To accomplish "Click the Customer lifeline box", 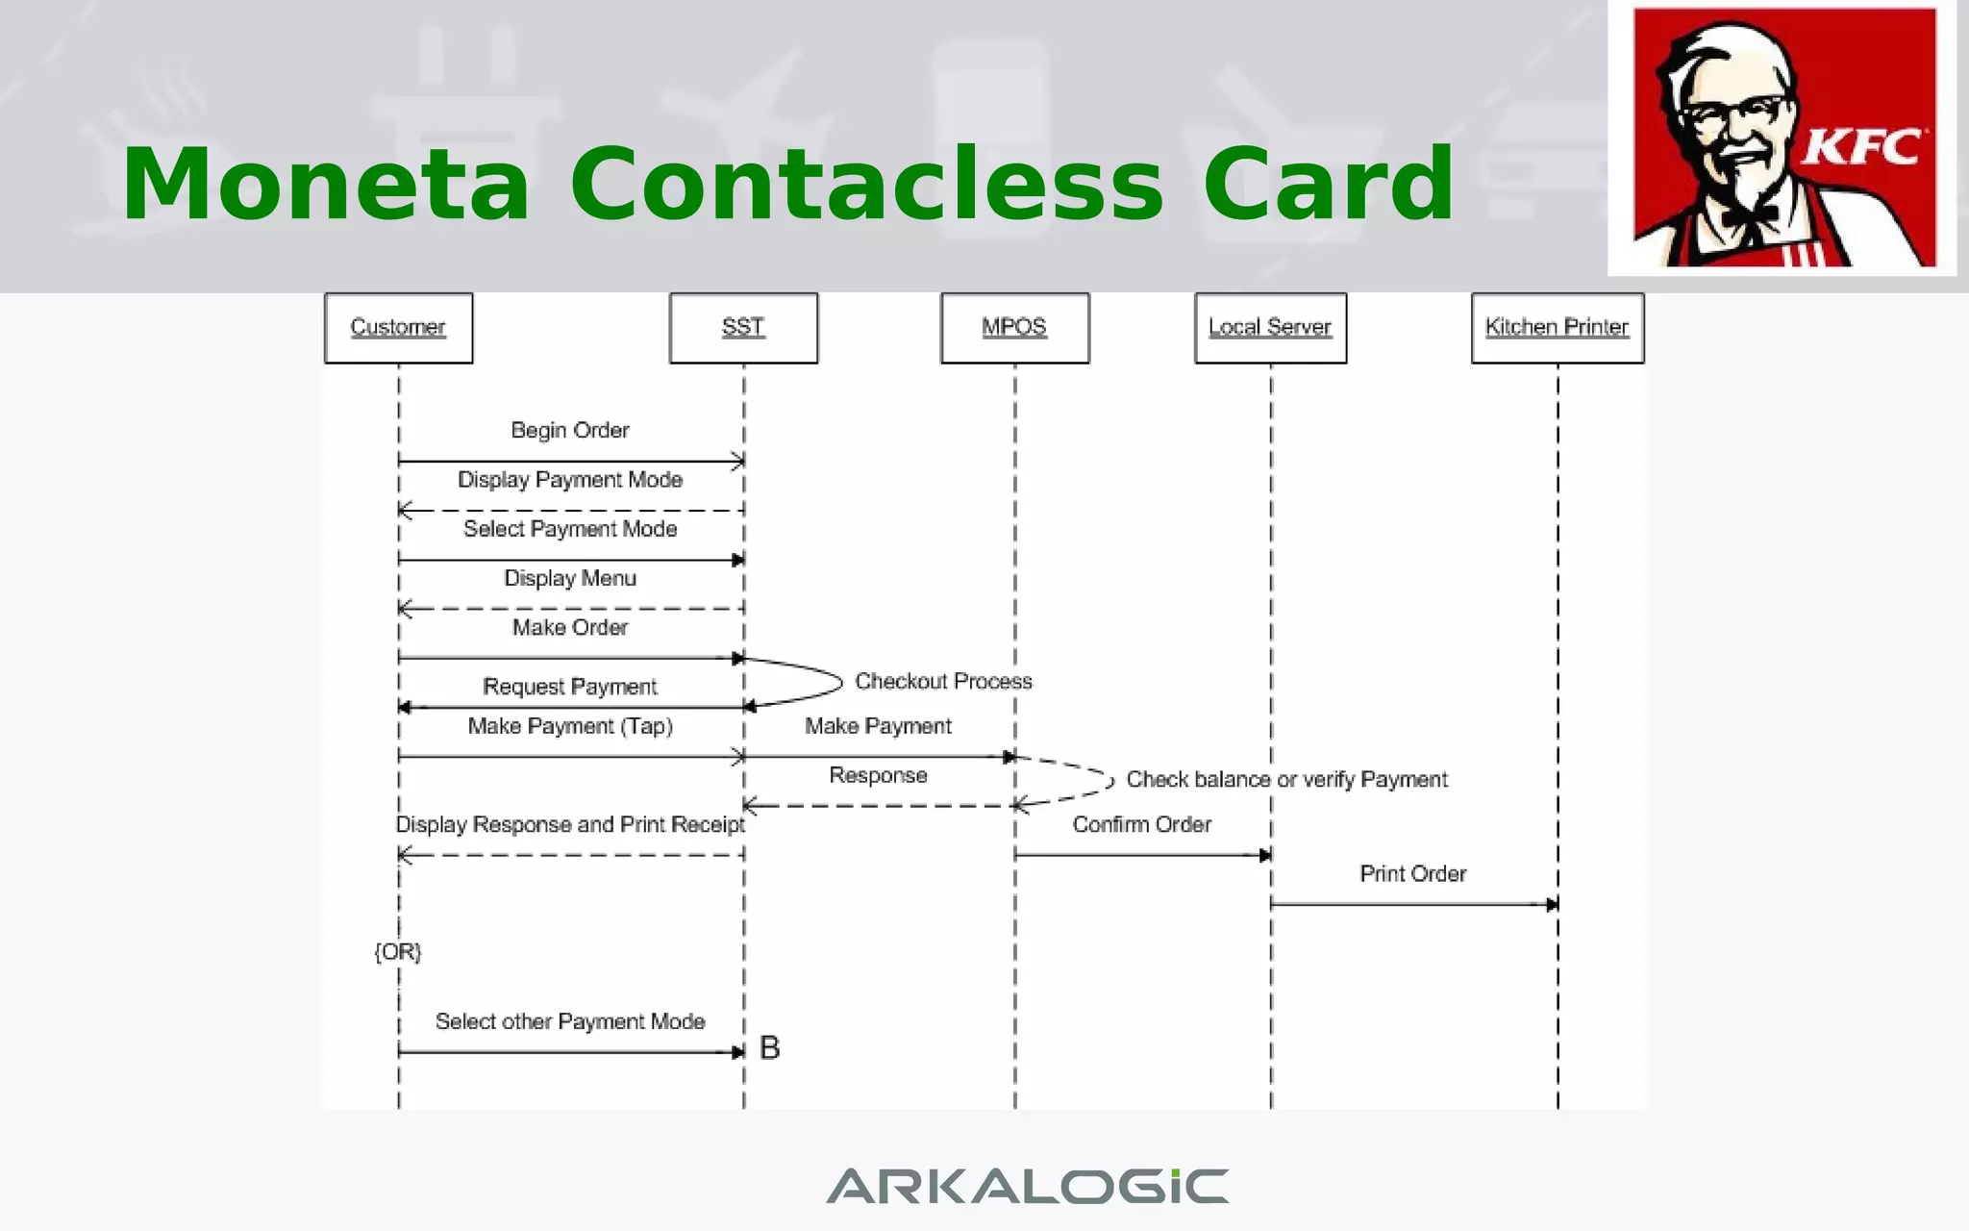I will coord(398,328).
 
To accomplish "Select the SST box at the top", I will coord(743,328).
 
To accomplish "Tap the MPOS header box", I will coord(1014,328).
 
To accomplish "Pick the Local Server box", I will coord(1270,328).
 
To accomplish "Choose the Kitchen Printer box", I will coord(1557,328).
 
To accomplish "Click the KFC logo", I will coord(1783,138).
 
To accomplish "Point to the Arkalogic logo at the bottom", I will coord(1027,1186).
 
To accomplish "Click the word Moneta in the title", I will coord(325,184).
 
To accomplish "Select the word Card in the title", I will coord(1328,184).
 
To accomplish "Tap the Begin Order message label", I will coord(570,430).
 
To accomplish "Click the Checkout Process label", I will coord(943,681).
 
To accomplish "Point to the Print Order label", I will coord(1412,873).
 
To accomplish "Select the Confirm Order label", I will coord(1141,824).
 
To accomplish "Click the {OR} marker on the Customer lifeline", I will coord(398,951).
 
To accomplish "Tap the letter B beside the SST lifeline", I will coord(769,1047).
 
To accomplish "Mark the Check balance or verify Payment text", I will coord(1286,779).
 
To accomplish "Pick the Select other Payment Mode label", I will coord(570,1021).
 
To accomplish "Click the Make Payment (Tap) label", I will coord(570,726).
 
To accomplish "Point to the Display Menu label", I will coord(570,578).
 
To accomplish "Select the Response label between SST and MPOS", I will coord(878,775).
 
